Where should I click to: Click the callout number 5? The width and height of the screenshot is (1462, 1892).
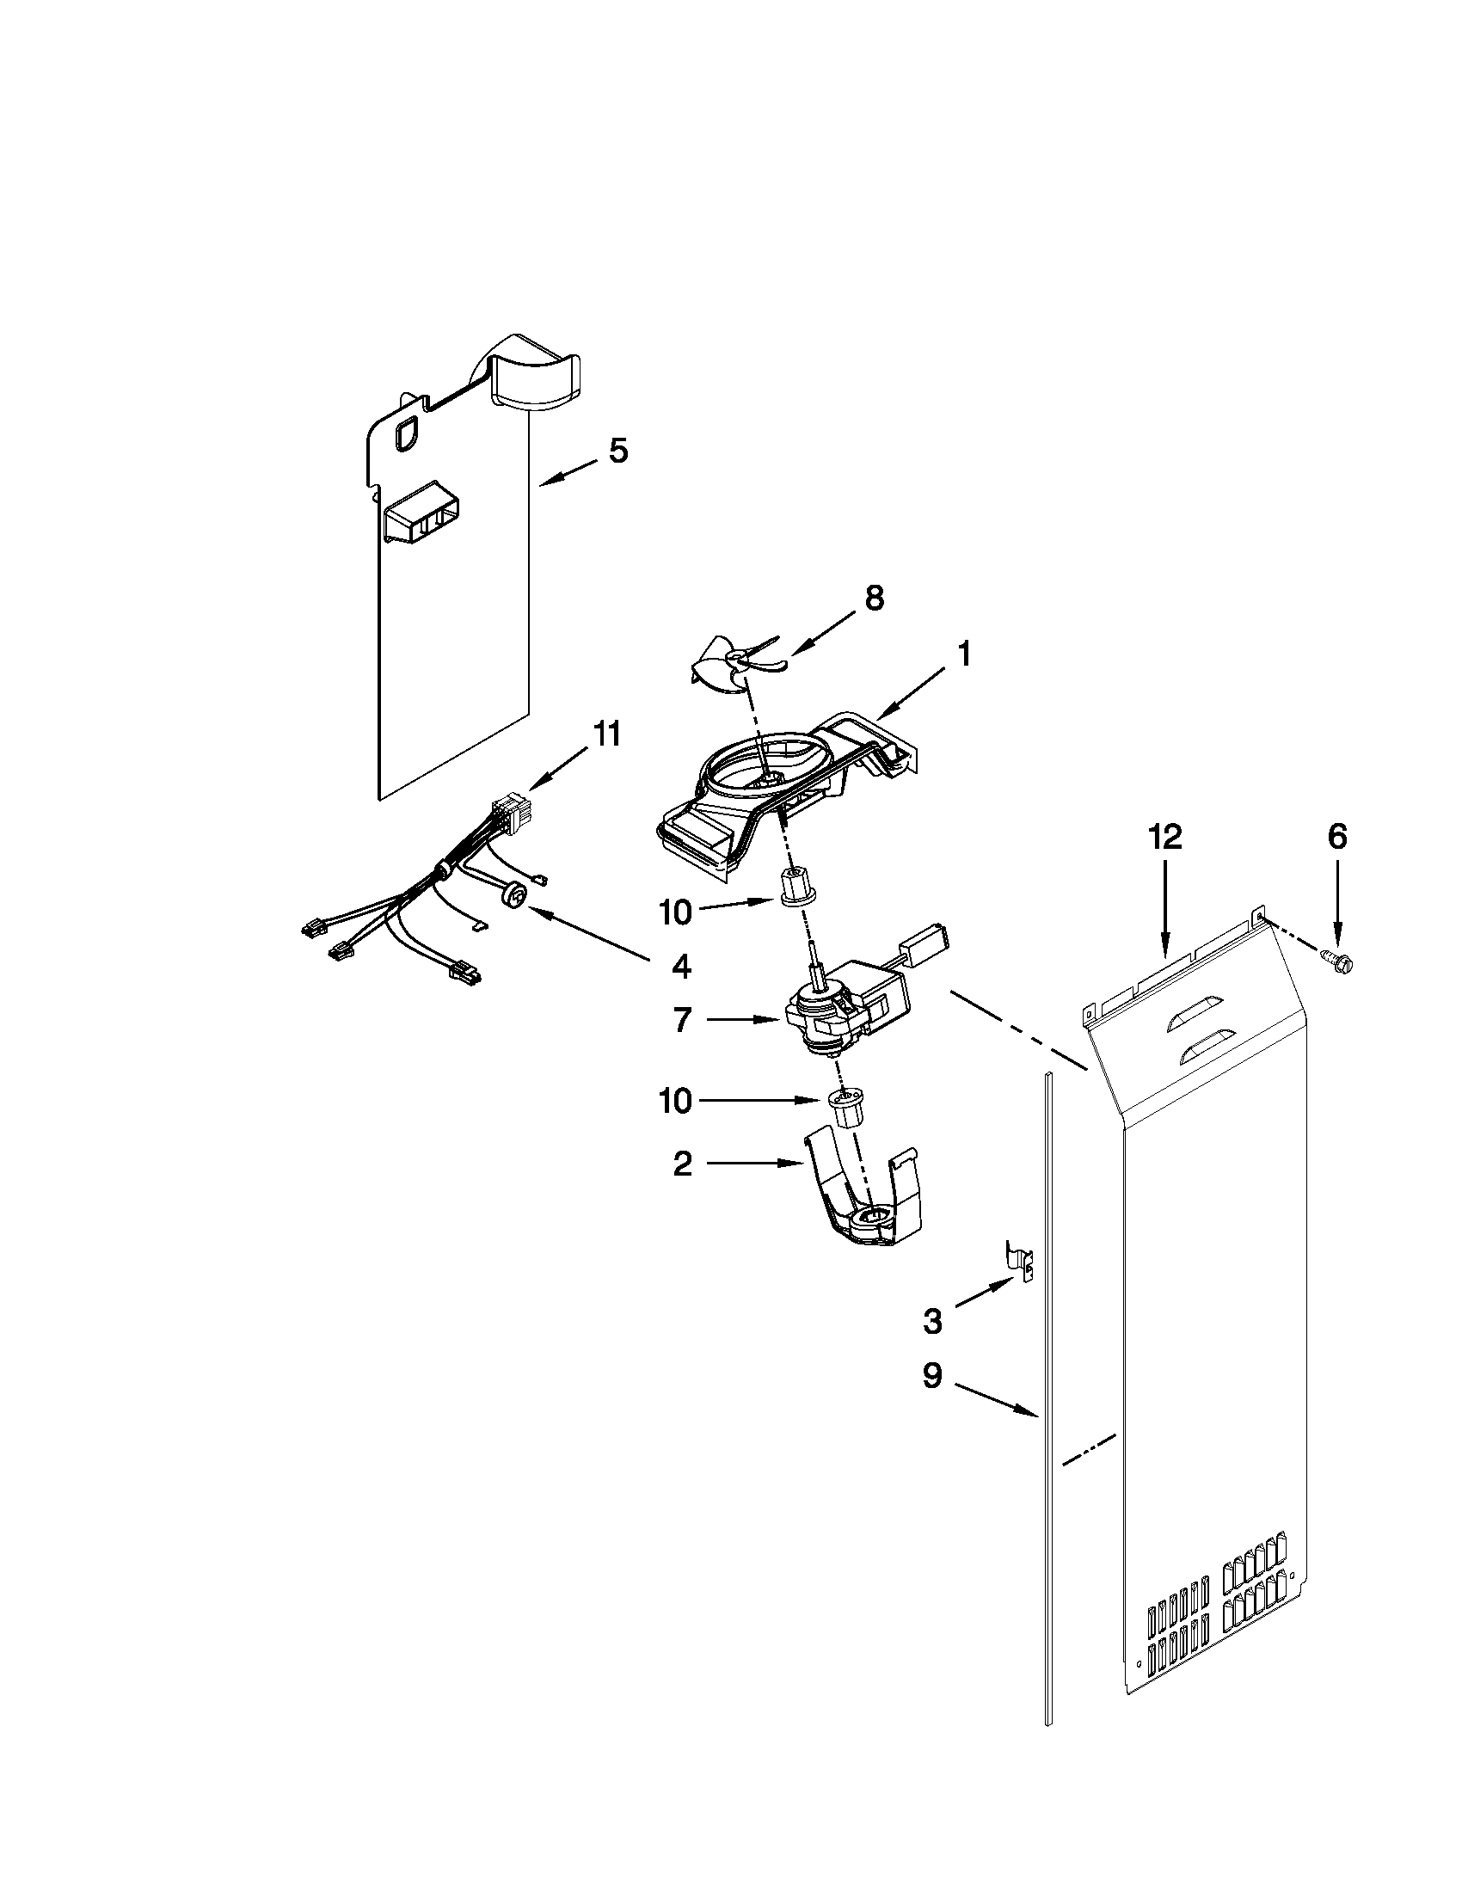[617, 451]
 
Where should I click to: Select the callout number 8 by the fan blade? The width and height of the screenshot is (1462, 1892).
[874, 598]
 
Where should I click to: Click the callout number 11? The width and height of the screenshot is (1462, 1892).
[606, 734]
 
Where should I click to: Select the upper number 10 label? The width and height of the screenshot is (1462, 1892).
[676, 912]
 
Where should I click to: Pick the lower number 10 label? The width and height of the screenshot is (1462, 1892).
[676, 1101]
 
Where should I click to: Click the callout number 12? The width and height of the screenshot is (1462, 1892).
[1165, 837]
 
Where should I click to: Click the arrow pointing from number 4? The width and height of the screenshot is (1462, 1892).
[589, 932]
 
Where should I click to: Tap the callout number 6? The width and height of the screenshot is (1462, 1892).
[1338, 837]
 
